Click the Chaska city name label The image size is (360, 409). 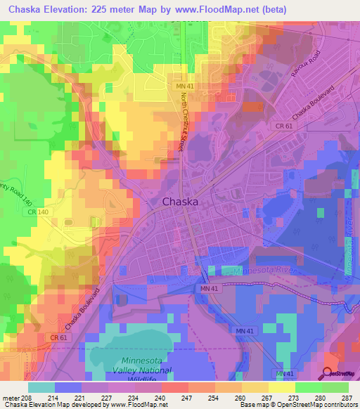tap(180, 202)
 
